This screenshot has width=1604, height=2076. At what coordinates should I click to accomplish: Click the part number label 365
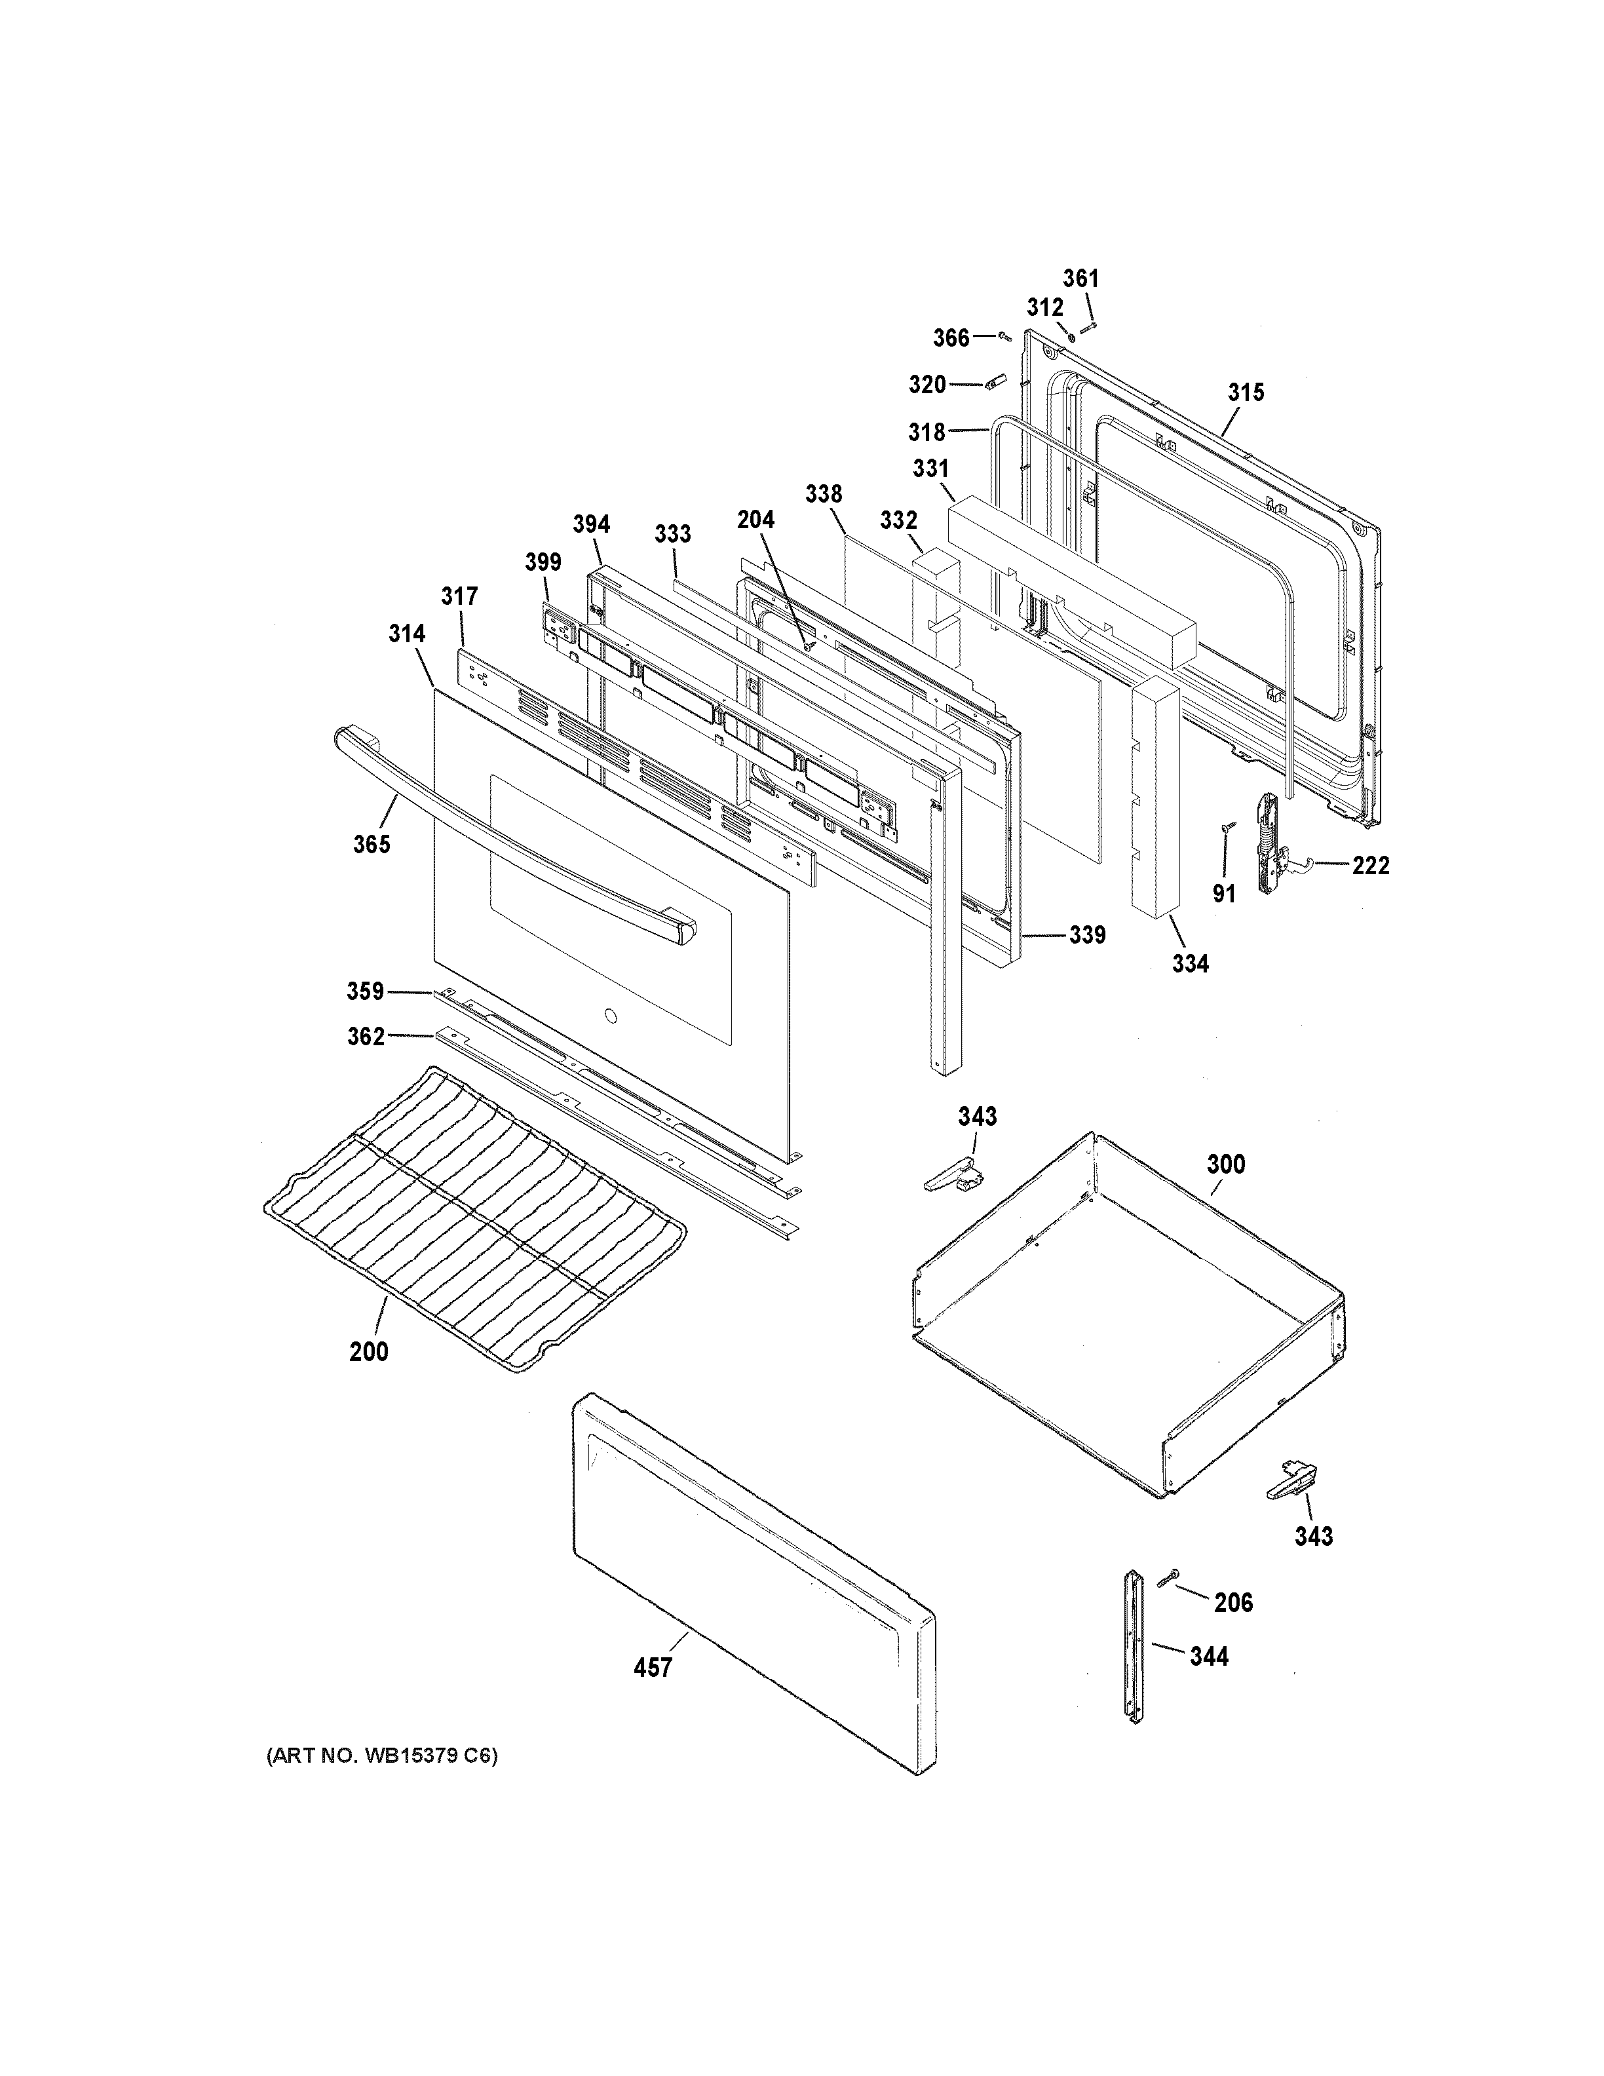click(372, 844)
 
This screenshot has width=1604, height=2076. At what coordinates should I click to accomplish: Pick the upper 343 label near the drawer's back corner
click(977, 1117)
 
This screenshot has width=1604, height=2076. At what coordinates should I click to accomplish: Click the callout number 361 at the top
click(1080, 279)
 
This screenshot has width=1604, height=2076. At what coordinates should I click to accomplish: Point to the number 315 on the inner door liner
click(1246, 393)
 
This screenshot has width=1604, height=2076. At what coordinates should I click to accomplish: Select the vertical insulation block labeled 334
click(1155, 798)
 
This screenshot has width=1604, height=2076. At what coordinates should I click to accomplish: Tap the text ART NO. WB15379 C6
click(381, 1756)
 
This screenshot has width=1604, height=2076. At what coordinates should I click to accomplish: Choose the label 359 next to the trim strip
click(365, 992)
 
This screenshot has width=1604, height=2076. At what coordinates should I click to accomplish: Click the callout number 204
click(755, 520)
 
